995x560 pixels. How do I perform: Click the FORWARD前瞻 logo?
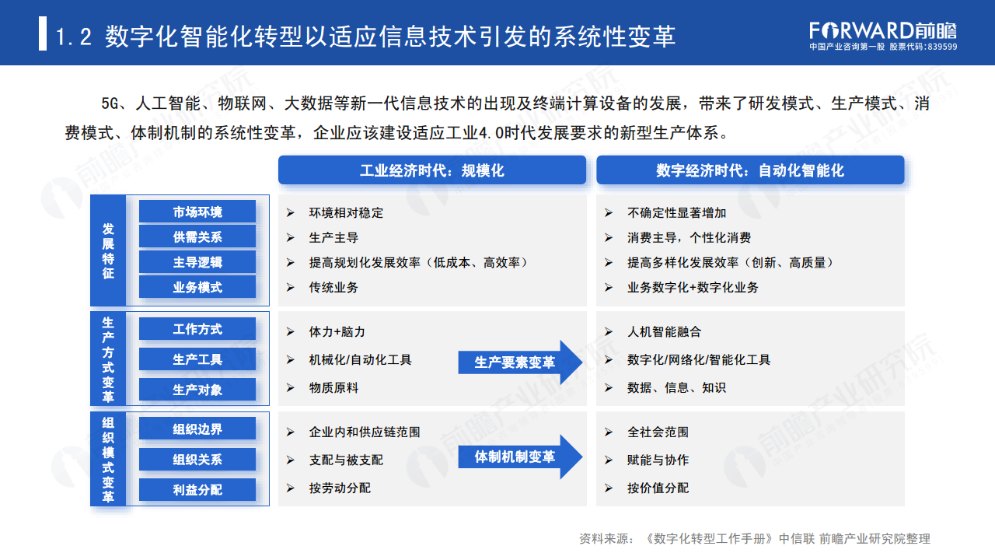[x=883, y=30]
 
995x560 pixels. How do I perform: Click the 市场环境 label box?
[x=197, y=212]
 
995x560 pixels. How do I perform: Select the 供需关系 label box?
[x=197, y=236]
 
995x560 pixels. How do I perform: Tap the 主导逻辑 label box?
[x=197, y=262]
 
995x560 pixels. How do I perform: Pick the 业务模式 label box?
[x=197, y=287]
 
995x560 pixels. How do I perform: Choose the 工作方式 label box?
[x=197, y=329]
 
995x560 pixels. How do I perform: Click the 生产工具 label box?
[x=197, y=359]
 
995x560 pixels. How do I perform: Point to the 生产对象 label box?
[x=197, y=390]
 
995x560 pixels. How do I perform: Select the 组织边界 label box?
[x=197, y=429]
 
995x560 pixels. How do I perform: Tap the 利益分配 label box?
[x=197, y=489]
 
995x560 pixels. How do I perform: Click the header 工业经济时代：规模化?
[x=432, y=170]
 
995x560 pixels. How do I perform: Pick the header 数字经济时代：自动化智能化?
[x=750, y=170]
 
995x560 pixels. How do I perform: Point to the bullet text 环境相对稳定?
[x=346, y=212]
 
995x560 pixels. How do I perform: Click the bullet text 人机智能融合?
[x=664, y=332]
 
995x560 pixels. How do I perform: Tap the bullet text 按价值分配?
[x=658, y=488]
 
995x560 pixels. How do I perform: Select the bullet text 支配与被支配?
[x=346, y=460]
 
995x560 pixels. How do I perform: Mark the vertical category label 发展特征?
[x=108, y=251]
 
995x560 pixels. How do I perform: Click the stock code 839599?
[x=942, y=47]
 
